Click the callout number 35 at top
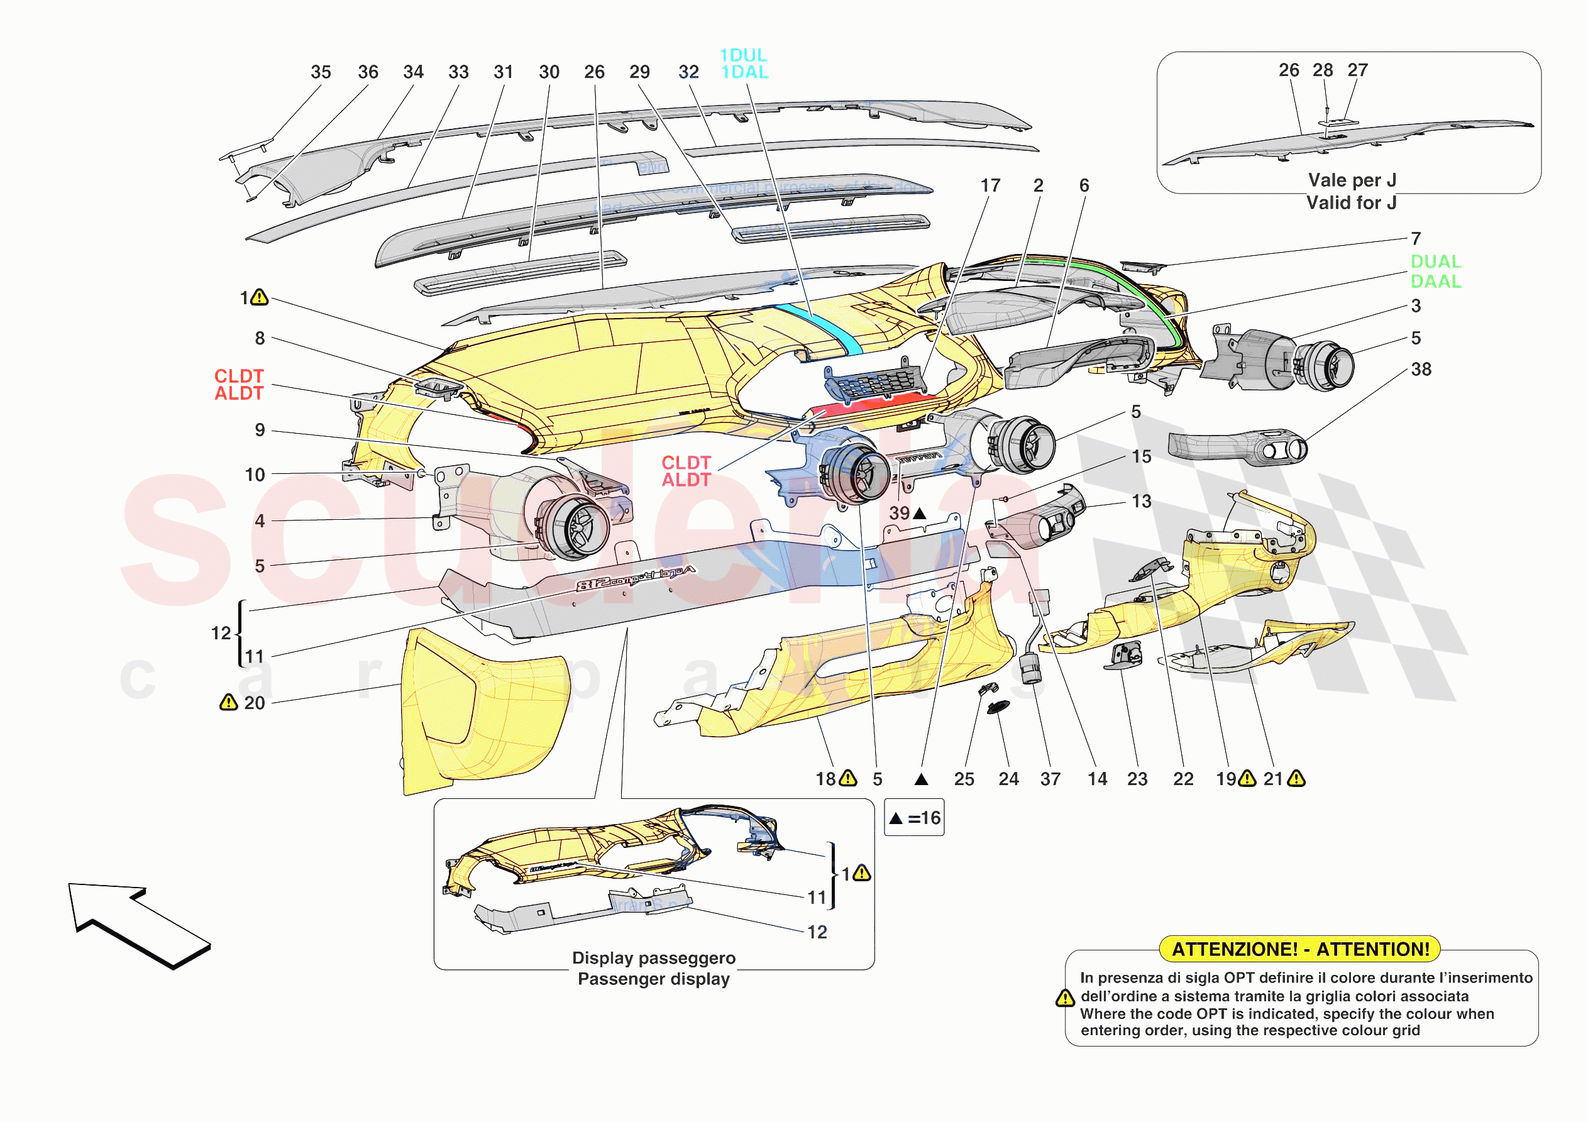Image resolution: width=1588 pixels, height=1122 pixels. pos(320,72)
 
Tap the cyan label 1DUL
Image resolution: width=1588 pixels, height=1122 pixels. pos(743,55)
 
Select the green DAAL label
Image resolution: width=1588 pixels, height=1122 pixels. pos(1436,282)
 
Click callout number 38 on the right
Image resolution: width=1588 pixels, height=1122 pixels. pos(1421,370)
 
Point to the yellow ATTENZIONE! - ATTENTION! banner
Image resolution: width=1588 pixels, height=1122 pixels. pos(1299,949)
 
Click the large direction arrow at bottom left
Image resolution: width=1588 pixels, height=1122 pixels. pos(138,923)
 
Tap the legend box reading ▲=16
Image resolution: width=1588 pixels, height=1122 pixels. pos(913,818)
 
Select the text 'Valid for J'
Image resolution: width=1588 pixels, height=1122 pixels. pos(1351,202)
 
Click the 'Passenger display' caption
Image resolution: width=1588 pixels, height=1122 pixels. pos(654,979)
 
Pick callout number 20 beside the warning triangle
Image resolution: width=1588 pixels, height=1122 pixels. pos(255,703)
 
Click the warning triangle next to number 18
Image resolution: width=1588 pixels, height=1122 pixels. pos(848,779)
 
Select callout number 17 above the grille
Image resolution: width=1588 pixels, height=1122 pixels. pos(990,185)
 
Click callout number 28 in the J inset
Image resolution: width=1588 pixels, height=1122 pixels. pos(1323,70)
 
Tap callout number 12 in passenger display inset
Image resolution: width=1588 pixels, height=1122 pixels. pos(817,932)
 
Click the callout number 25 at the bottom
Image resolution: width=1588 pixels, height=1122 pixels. pos(964,779)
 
